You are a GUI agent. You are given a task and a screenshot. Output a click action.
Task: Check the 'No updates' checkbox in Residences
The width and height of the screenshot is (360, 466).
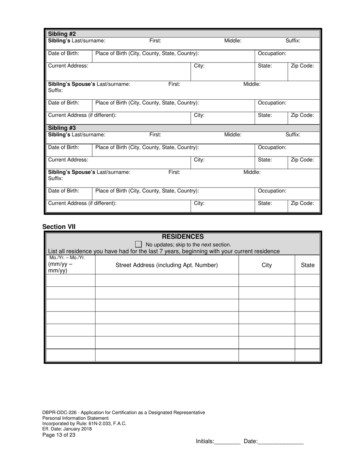coord(138,244)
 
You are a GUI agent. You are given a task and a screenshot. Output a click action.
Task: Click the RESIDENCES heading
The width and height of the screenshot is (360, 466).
coord(183,237)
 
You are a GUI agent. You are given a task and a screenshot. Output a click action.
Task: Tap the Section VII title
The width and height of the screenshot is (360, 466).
coord(59,227)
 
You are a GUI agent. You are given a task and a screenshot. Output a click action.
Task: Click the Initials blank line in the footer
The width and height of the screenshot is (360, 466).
coord(227,441)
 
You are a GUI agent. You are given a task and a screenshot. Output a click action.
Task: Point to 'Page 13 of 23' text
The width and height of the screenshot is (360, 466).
coord(59,435)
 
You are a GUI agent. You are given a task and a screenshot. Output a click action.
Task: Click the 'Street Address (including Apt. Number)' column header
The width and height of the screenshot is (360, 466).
coord(167,265)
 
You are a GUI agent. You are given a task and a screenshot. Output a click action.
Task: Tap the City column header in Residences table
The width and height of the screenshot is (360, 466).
coord(267,265)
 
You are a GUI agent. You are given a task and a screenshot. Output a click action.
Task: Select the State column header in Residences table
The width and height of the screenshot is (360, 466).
coord(307,265)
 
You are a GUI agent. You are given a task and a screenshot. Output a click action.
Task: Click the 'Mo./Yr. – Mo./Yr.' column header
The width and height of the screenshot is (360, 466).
coord(67,258)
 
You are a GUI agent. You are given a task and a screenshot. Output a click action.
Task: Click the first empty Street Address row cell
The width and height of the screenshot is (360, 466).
coord(167,280)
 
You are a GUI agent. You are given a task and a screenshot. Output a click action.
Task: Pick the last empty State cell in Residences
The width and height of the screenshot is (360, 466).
coord(307,355)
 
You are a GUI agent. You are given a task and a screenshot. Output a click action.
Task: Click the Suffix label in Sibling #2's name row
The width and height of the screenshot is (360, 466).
coord(293,41)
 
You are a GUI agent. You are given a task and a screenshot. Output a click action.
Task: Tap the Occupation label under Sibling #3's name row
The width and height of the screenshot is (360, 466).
coord(272,147)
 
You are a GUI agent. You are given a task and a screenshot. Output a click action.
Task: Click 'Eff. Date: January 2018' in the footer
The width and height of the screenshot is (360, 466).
coord(67,429)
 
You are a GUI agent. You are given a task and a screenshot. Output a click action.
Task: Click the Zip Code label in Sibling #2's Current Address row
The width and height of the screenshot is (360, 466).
coord(302,66)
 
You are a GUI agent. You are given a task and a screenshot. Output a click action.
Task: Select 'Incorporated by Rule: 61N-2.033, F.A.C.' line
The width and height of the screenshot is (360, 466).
coord(84,424)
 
